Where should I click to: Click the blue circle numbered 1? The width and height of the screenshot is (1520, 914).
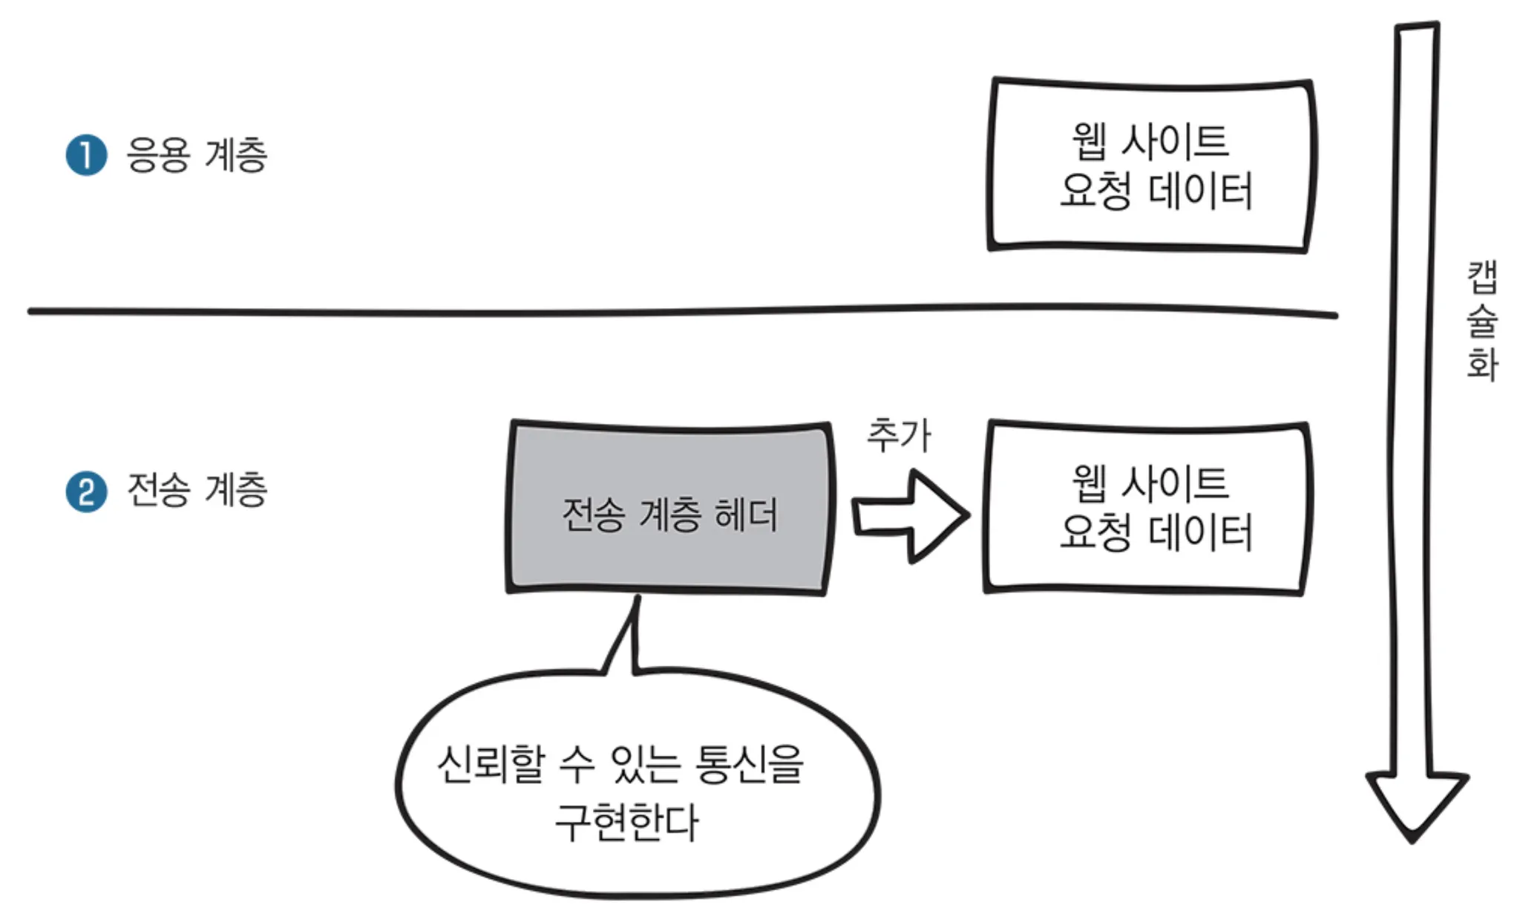(x=87, y=155)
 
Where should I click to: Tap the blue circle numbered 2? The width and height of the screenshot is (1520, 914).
(x=87, y=492)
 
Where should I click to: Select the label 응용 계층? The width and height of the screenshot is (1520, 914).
(x=197, y=155)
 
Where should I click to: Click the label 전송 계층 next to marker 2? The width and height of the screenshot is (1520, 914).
(x=197, y=490)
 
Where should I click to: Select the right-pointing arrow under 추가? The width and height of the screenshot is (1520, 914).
(x=911, y=516)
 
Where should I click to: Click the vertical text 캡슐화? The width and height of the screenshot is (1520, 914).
(x=1482, y=320)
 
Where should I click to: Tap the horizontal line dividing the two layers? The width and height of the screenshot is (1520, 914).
(x=683, y=311)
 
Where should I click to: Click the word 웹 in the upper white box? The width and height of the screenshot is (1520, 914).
(x=1089, y=141)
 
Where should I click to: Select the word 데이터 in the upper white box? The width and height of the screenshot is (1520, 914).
(x=1200, y=191)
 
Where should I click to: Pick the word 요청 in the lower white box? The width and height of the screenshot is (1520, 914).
(x=1095, y=532)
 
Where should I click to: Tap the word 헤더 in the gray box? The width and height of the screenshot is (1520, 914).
(x=745, y=515)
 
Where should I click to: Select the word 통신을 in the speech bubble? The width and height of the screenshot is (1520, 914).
(x=750, y=764)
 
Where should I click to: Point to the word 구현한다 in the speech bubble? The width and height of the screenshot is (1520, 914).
(x=627, y=822)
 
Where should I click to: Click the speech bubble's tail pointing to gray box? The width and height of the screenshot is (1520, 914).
(x=623, y=635)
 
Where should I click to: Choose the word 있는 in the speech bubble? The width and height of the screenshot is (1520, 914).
(x=644, y=764)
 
